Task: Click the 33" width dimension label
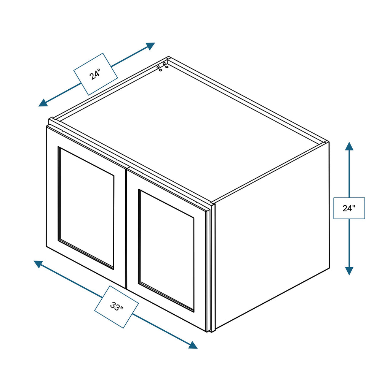(116, 306)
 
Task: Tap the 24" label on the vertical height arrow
(349, 208)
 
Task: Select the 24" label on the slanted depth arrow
(95, 74)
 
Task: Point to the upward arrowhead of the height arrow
(349, 146)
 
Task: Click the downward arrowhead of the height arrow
(349, 270)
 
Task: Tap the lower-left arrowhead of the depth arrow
(43, 102)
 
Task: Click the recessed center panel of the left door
(86, 207)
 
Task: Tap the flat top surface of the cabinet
(190, 129)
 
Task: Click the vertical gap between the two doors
(126, 228)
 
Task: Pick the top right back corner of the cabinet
(326, 142)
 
